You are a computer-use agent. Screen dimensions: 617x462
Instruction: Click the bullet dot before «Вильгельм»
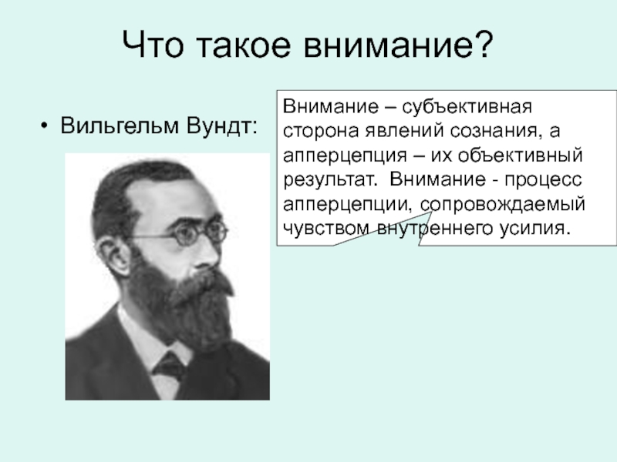tap(44, 126)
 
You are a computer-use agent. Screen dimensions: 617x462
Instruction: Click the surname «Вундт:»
tap(221, 126)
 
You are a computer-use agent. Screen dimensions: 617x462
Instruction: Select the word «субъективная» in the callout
tap(467, 107)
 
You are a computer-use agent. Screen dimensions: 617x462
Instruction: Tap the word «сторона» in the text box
tap(321, 131)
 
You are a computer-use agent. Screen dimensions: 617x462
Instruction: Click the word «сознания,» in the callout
tap(494, 131)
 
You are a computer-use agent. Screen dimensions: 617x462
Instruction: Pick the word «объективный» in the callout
tap(520, 155)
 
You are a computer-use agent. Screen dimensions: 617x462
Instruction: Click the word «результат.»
tap(330, 179)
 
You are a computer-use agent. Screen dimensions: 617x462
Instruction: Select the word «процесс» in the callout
tap(543, 179)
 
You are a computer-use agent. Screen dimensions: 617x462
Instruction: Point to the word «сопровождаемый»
tap(503, 204)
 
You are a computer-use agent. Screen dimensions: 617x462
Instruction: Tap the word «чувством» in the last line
tap(325, 228)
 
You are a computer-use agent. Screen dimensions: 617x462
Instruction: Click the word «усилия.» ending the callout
tap(535, 228)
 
